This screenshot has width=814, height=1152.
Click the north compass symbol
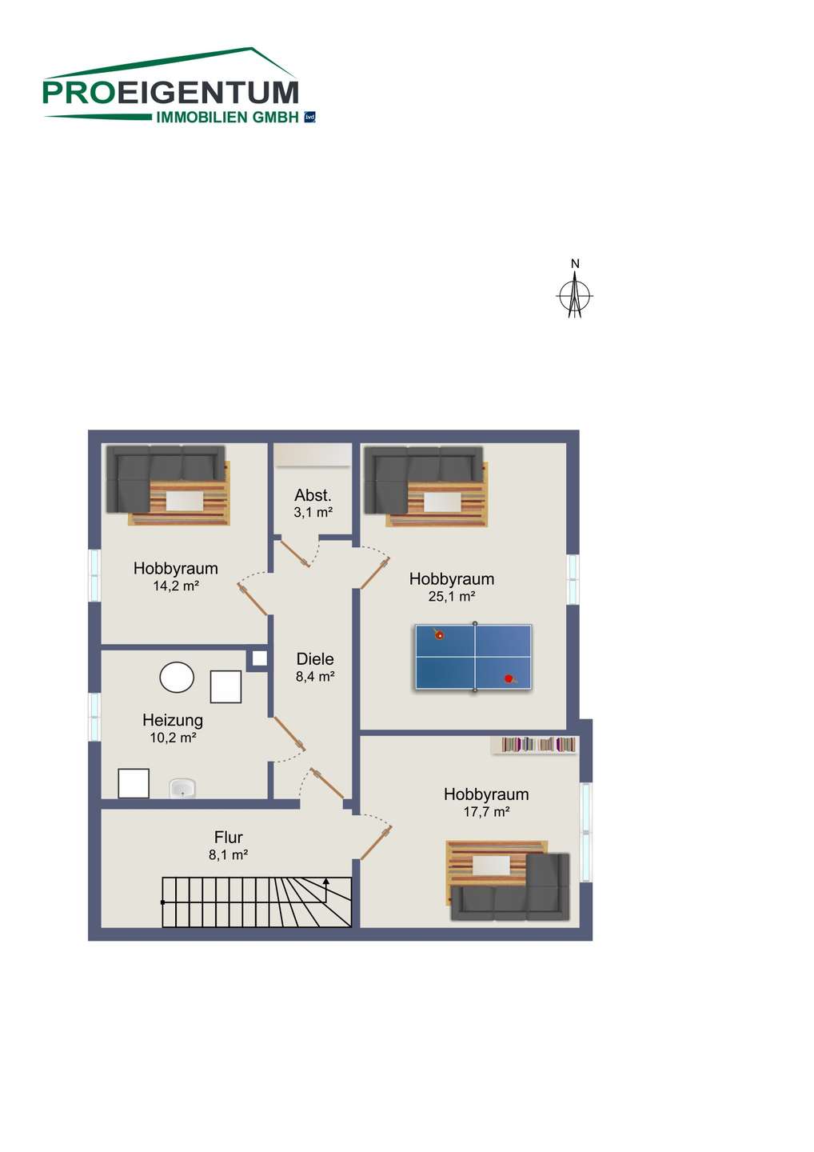[575, 294]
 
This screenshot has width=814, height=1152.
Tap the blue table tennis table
[473, 658]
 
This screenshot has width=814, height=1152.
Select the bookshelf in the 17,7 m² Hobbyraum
[534, 746]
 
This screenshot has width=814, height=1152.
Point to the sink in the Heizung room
[182, 787]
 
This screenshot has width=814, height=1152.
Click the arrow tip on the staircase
[325, 880]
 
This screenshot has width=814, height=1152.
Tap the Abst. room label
[313, 495]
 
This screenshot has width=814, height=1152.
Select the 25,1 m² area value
[452, 597]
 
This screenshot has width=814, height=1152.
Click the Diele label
[315, 659]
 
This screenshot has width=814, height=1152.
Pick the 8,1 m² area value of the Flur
[229, 854]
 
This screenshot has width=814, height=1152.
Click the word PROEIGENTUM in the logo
[170, 93]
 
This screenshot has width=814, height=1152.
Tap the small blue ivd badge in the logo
[310, 117]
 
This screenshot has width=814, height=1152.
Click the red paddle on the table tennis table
[509, 679]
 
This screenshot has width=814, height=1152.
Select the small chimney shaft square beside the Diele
[260, 658]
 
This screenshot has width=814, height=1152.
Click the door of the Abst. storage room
[294, 552]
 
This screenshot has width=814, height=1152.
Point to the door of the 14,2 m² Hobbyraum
[252, 598]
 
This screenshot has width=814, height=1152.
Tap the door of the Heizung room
[289, 734]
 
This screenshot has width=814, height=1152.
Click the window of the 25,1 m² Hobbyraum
[573, 579]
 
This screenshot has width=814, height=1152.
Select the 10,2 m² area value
[174, 738]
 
